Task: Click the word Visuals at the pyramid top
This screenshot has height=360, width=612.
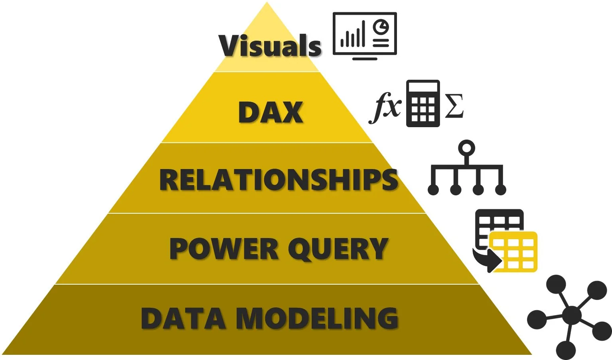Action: tap(270, 46)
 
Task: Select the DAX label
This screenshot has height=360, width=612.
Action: tap(270, 112)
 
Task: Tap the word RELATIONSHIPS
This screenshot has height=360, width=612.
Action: tap(278, 180)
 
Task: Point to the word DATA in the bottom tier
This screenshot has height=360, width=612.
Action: tap(183, 319)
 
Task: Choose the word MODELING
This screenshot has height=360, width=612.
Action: tap(318, 319)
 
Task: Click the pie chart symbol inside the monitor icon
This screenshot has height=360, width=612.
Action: tap(381, 28)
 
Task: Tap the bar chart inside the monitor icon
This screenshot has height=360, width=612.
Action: tap(353, 36)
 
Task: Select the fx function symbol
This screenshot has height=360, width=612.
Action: tap(385, 106)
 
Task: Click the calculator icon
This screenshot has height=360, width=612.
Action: tap(423, 104)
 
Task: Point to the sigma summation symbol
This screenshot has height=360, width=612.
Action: tap(454, 106)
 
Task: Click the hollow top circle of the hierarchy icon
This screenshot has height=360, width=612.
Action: tap(466, 148)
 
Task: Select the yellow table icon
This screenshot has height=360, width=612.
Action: tap(513, 252)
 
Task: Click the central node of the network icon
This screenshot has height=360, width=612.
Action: tap(572, 315)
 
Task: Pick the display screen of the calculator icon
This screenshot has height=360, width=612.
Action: tap(423, 88)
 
